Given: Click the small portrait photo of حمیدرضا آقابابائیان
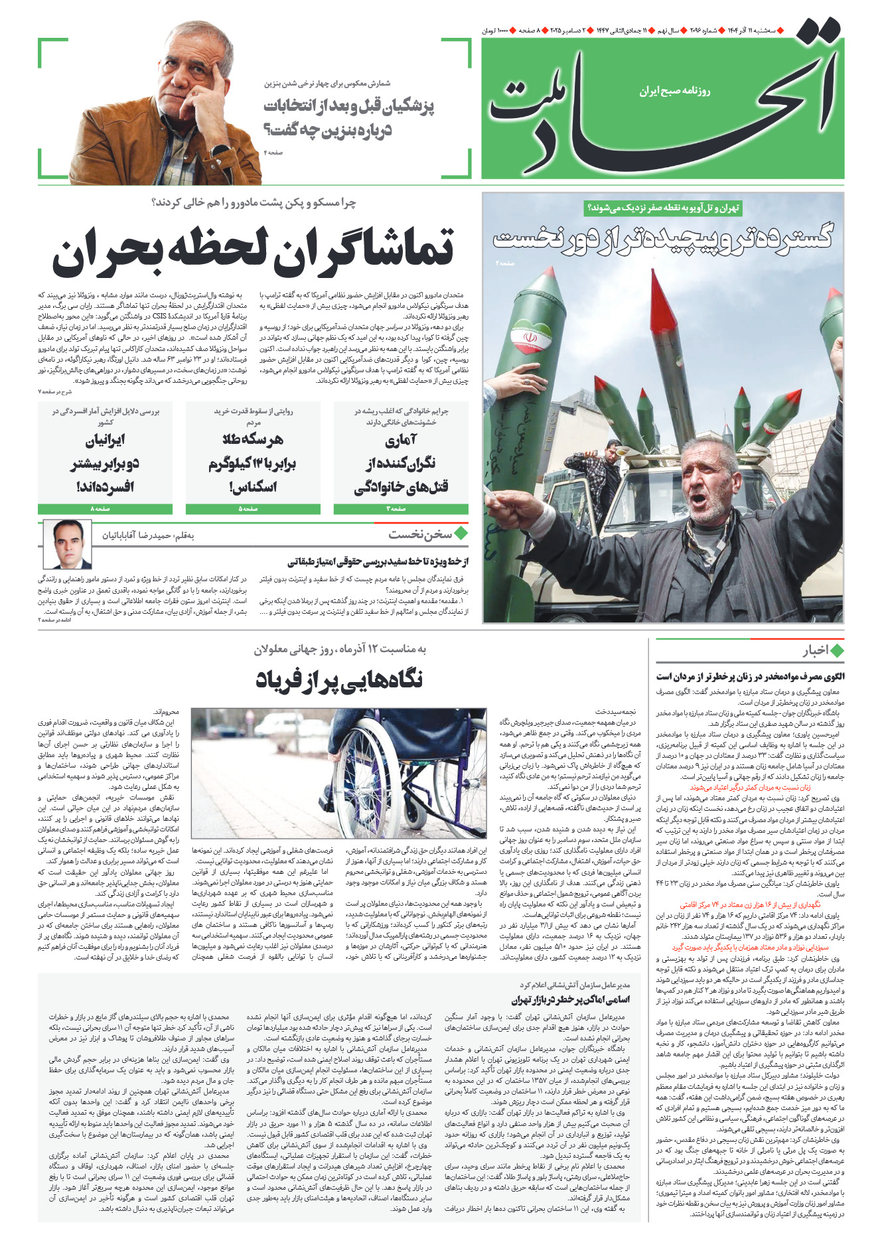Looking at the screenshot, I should (x=68, y=545).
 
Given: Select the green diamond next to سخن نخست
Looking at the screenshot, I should (x=461, y=533).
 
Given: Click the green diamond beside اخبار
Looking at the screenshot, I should (x=837, y=651).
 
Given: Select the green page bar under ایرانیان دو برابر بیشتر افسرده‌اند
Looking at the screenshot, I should (x=105, y=509).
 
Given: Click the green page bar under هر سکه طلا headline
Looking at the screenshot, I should (x=253, y=509).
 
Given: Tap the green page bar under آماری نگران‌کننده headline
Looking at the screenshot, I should (x=400, y=509).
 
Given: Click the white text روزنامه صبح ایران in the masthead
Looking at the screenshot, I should (x=674, y=91).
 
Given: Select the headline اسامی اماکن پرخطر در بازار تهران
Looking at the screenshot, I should (x=570, y=1000).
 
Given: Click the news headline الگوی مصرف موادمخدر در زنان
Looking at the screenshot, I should (x=750, y=677).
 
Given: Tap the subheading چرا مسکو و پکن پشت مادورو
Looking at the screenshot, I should (x=254, y=203).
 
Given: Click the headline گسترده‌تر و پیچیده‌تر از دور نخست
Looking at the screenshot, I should (x=662, y=238).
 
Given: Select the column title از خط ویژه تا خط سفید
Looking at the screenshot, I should (x=378, y=562).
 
